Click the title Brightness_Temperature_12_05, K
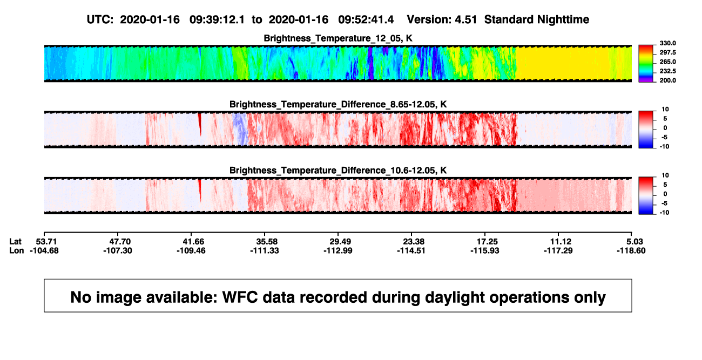tap(338, 38)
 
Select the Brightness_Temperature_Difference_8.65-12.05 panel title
tap(338, 104)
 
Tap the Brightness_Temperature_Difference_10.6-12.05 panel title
tap(338, 171)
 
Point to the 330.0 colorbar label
tap(667, 43)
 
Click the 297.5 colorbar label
tap(667, 52)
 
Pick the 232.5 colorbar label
tap(667, 71)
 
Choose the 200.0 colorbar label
tap(667, 80)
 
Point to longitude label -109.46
tap(191, 250)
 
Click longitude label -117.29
tap(558, 250)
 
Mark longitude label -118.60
tap(631, 250)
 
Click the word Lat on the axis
tap(15, 242)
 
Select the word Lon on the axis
tap(17, 250)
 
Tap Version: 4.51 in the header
tap(442, 19)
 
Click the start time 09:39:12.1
tap(217, 19)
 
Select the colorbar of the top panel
tap(646, 64)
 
